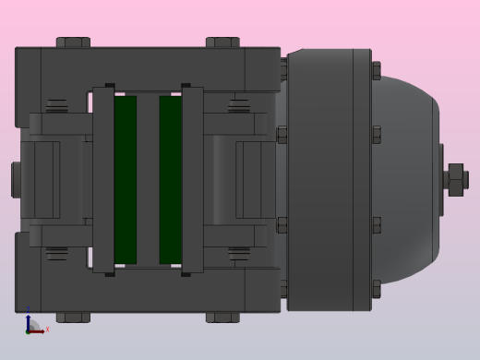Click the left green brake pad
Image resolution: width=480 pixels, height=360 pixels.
pyautogui.click(x=126, y=179)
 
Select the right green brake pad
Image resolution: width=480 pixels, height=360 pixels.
pyautogui.click(x=170, y=179)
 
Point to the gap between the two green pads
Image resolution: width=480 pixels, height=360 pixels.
pyautogui.click(x=148, y=179)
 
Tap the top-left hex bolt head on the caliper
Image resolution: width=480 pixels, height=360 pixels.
pyautogui.click(x=73, y=42)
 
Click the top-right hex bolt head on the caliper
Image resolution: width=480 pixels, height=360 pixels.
pyautogui.click(x=222, y=42)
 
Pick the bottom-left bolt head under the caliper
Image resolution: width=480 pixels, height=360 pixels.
pyautogui.click(x=73, y=317)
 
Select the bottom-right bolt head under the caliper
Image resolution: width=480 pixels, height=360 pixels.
pyautogui.click(x=222, y=317)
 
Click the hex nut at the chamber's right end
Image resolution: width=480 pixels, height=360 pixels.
pyautogui.click(x=456, y=179)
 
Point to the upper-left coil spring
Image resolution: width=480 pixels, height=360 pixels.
pyautogui.click(x=57, y=104)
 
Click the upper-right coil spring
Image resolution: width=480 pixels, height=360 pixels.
pyautogui.click(x=239, y=104)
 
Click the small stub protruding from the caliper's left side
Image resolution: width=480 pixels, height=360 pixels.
pyautogui.click(x=16, y=179)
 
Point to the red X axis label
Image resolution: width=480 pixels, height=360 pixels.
pyautogui.click(x=47, y=329)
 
